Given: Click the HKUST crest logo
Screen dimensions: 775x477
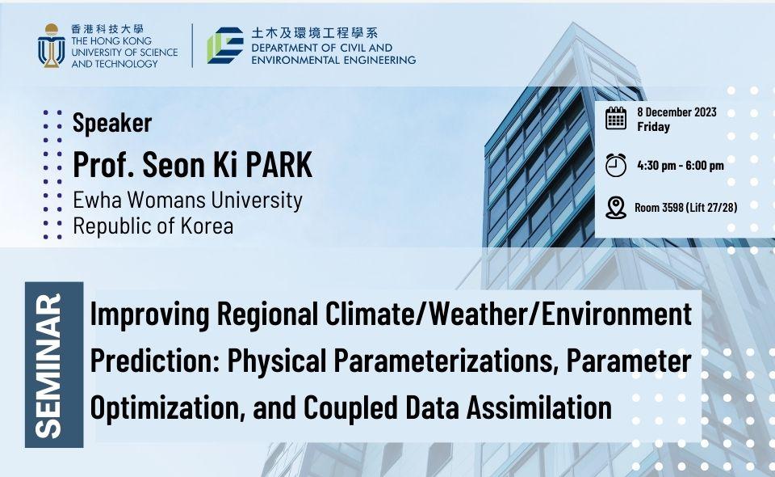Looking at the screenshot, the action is [x=52, y=46].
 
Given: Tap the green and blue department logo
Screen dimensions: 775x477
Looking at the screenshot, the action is [x=225, y=45].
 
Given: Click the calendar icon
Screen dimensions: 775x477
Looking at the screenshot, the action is [x=616, y=118].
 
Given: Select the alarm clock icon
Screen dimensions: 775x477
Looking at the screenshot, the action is [x=616, y=165].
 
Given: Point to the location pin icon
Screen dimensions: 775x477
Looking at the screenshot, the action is [x=616, y=207].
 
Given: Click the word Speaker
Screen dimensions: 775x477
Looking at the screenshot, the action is [x=112, y=123].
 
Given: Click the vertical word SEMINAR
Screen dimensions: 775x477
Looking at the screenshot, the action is [x=49, y=365].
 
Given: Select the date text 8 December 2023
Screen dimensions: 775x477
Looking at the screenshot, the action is [x=677, y=112].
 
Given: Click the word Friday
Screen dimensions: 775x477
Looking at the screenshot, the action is [x=653, y=127].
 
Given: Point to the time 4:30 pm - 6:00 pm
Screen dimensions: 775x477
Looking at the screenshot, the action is [x=681, y=165].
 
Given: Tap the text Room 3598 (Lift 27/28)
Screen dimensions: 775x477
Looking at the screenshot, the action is [x=686, y=207].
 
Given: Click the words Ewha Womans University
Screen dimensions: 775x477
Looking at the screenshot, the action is [x=188, y=201].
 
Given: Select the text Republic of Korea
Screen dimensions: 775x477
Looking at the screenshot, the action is [x=153, y=226].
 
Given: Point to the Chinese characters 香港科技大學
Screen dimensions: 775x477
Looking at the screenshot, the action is [x=107, y=29].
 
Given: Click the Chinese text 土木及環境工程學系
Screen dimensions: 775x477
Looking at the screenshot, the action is [x=314, y=33].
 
